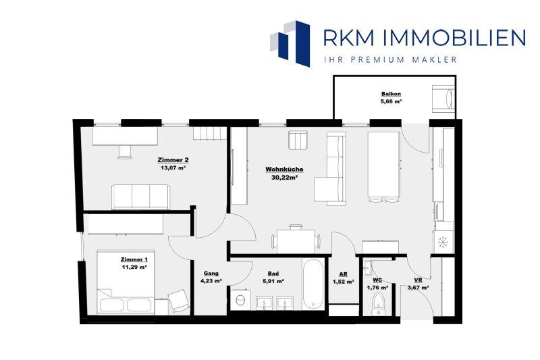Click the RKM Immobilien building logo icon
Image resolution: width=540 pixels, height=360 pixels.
tap(290, 43)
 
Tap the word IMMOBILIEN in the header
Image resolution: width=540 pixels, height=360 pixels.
tap(453, 38)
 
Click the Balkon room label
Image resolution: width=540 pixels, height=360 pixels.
tap(391, 94)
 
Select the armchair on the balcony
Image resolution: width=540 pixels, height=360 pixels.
tap(443, 98)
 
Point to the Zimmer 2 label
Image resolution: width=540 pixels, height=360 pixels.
tap(173, 160)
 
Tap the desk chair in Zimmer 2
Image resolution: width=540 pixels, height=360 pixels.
tap(125, 151)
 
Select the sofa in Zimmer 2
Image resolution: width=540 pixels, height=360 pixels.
tap(140, 197)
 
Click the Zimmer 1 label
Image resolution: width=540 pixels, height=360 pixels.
tap(134, 259)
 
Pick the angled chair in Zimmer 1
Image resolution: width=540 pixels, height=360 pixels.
tap(179, 301)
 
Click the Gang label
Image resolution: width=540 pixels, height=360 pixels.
tap(211, 273)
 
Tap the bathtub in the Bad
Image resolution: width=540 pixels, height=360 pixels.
tap(313, 284)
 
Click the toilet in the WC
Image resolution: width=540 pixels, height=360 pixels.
tap(379, 303)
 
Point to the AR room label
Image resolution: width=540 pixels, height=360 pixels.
tap(343, 274)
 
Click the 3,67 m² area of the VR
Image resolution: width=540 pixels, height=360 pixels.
tap(418, 288)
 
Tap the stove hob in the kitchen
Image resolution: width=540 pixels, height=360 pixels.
tap(443, 242)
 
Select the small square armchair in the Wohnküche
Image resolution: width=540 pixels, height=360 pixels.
tap(298, 140)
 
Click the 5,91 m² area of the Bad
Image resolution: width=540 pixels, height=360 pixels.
tap(273, 281)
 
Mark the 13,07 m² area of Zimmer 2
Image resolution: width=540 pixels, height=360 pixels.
tap(173, 168)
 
